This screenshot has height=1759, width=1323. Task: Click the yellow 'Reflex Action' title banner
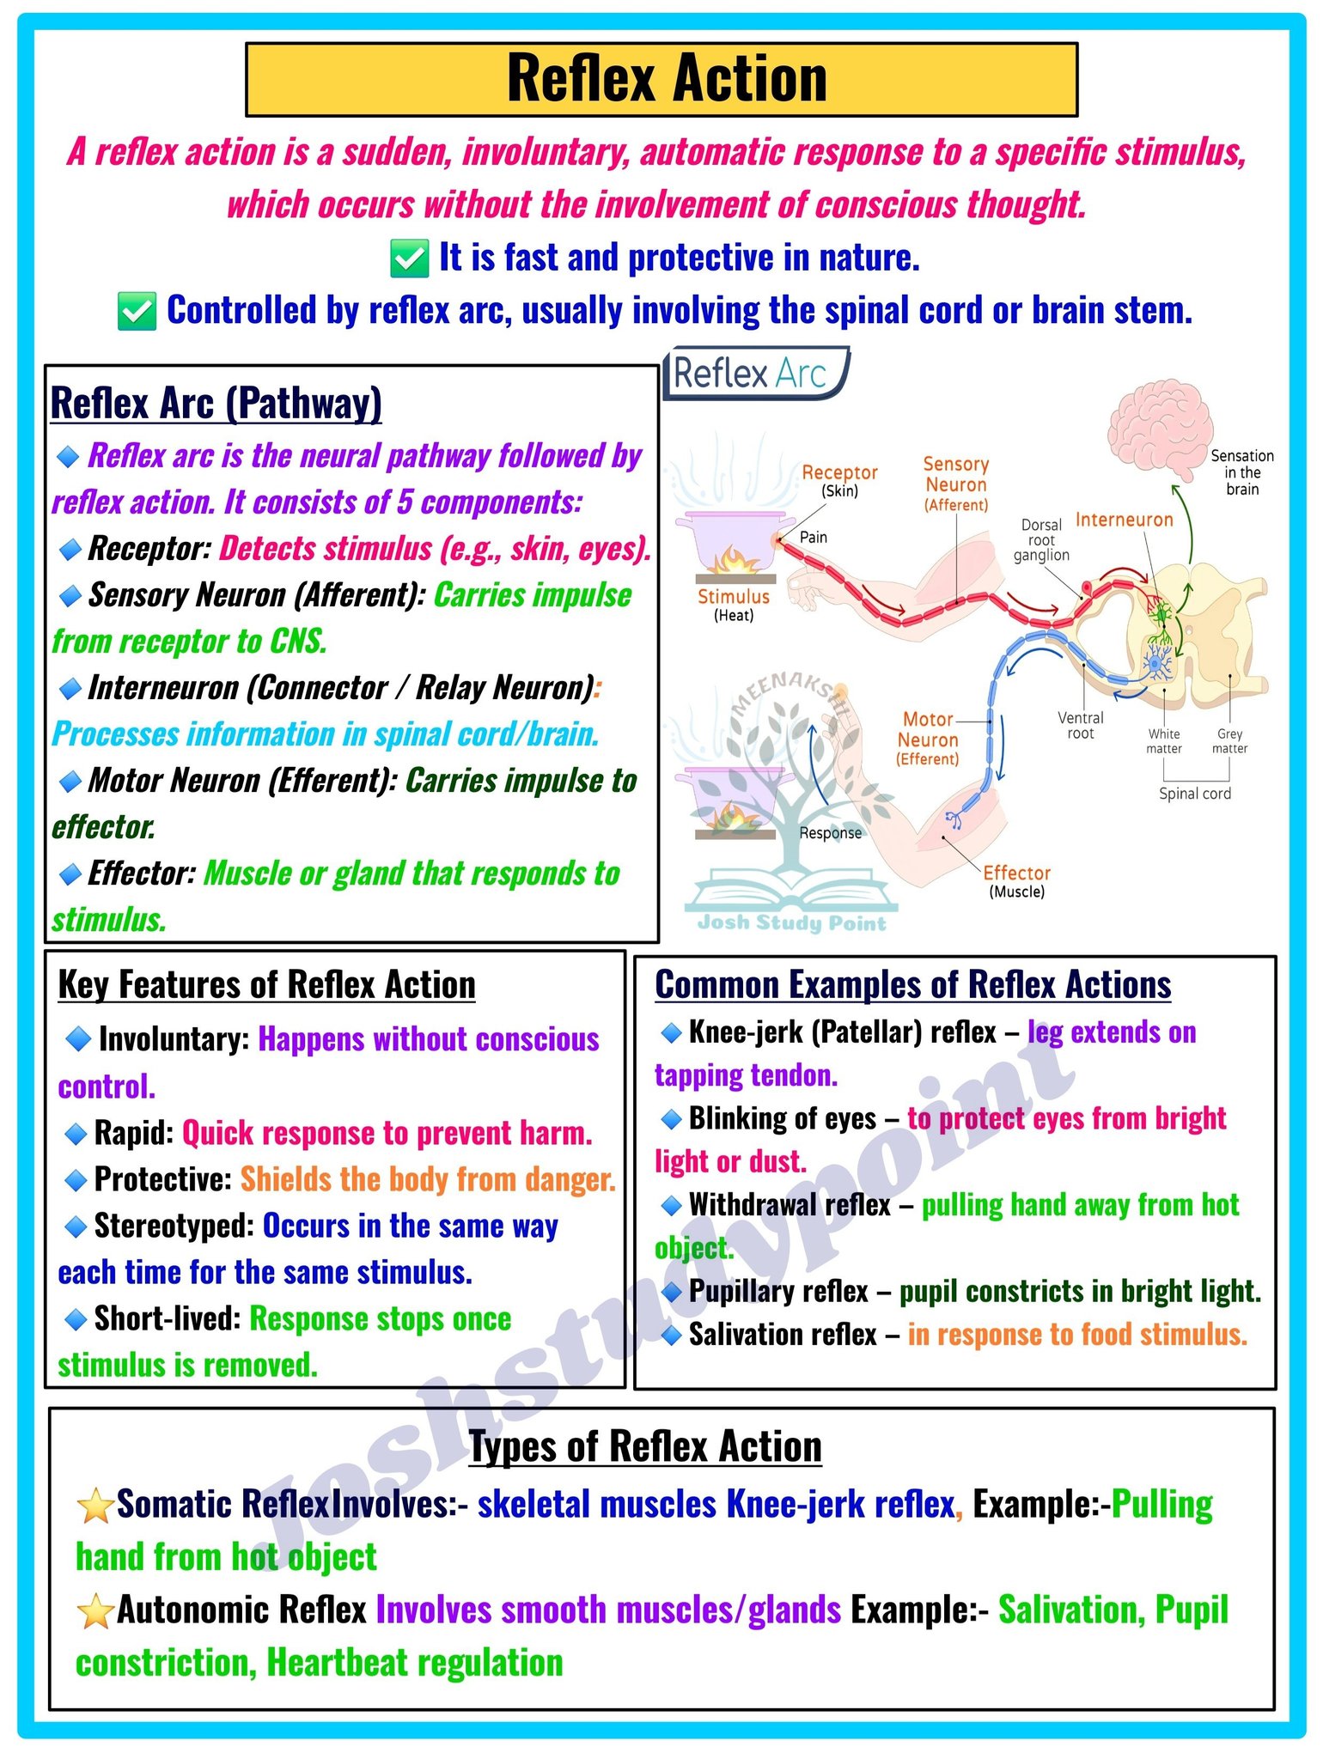661,79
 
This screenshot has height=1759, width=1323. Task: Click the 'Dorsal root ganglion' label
1041,540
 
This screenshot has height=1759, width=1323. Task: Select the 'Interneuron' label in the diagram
1124,520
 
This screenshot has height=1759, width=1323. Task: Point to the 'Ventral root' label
1081,726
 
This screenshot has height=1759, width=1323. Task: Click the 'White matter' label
1164,741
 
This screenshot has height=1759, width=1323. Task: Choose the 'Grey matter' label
1229,741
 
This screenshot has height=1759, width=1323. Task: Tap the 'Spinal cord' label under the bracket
1195,794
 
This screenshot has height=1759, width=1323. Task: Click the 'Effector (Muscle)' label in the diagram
1017,881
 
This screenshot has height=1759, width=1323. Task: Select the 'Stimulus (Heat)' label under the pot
734,605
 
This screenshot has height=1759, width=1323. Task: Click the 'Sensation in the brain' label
1242,472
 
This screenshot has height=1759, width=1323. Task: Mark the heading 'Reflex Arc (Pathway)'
216,404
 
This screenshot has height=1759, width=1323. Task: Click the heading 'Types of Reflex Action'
645,1446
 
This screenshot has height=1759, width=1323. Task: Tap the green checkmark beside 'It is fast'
410,259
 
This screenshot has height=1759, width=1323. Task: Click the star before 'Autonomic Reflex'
95,1611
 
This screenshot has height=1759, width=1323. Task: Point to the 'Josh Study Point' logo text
792,923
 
